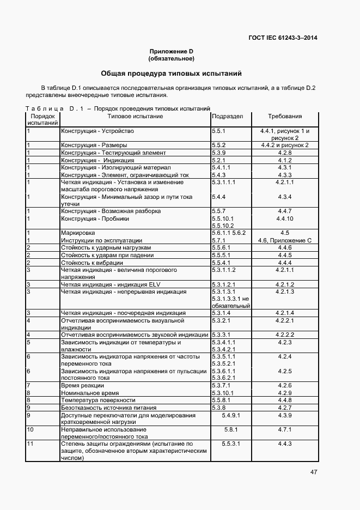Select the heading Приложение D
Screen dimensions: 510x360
172,52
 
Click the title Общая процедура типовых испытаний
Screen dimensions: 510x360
171,74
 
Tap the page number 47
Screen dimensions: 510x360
314,472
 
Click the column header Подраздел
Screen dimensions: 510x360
227,116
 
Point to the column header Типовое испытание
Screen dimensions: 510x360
135,116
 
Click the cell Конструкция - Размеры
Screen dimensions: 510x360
94,145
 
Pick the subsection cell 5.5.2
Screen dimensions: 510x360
218,145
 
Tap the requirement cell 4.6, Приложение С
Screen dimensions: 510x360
284,240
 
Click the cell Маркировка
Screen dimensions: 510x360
77,233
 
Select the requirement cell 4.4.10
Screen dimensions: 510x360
284,218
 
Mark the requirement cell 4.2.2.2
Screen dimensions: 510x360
284,335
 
